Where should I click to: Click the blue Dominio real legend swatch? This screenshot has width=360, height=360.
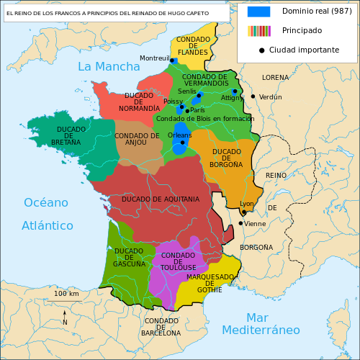tap(258, 12)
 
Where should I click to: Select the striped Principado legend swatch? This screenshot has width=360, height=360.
tap(258, 31)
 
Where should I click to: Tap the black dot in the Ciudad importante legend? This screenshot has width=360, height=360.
tap(261, 50)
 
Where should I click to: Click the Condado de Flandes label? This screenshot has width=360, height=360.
tap(193, 45)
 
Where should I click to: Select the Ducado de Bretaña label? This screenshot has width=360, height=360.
tap(71, 135)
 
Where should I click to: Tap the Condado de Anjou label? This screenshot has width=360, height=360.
tap(137, 139)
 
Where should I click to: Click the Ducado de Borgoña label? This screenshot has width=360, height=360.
tap(227, 158)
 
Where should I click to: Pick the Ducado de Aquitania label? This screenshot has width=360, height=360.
tap(161, 199)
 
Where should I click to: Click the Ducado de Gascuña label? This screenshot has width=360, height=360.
tap(129, 257)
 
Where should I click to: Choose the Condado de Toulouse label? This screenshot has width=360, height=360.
tap(178, 261)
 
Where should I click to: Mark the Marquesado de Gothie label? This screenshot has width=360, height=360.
tap(210, 283)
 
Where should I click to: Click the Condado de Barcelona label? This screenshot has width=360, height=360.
tap(161, 327)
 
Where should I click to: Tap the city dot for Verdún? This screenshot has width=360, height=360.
tap(253, 96)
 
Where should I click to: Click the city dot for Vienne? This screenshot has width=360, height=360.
tap(240, 223)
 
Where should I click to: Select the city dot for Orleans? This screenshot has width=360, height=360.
tap(182, 143)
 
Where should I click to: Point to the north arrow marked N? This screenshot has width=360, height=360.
tap(65, 318)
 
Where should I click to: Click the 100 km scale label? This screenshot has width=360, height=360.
tap(66, 294)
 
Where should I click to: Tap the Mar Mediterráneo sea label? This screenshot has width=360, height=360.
tap(261, 324)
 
